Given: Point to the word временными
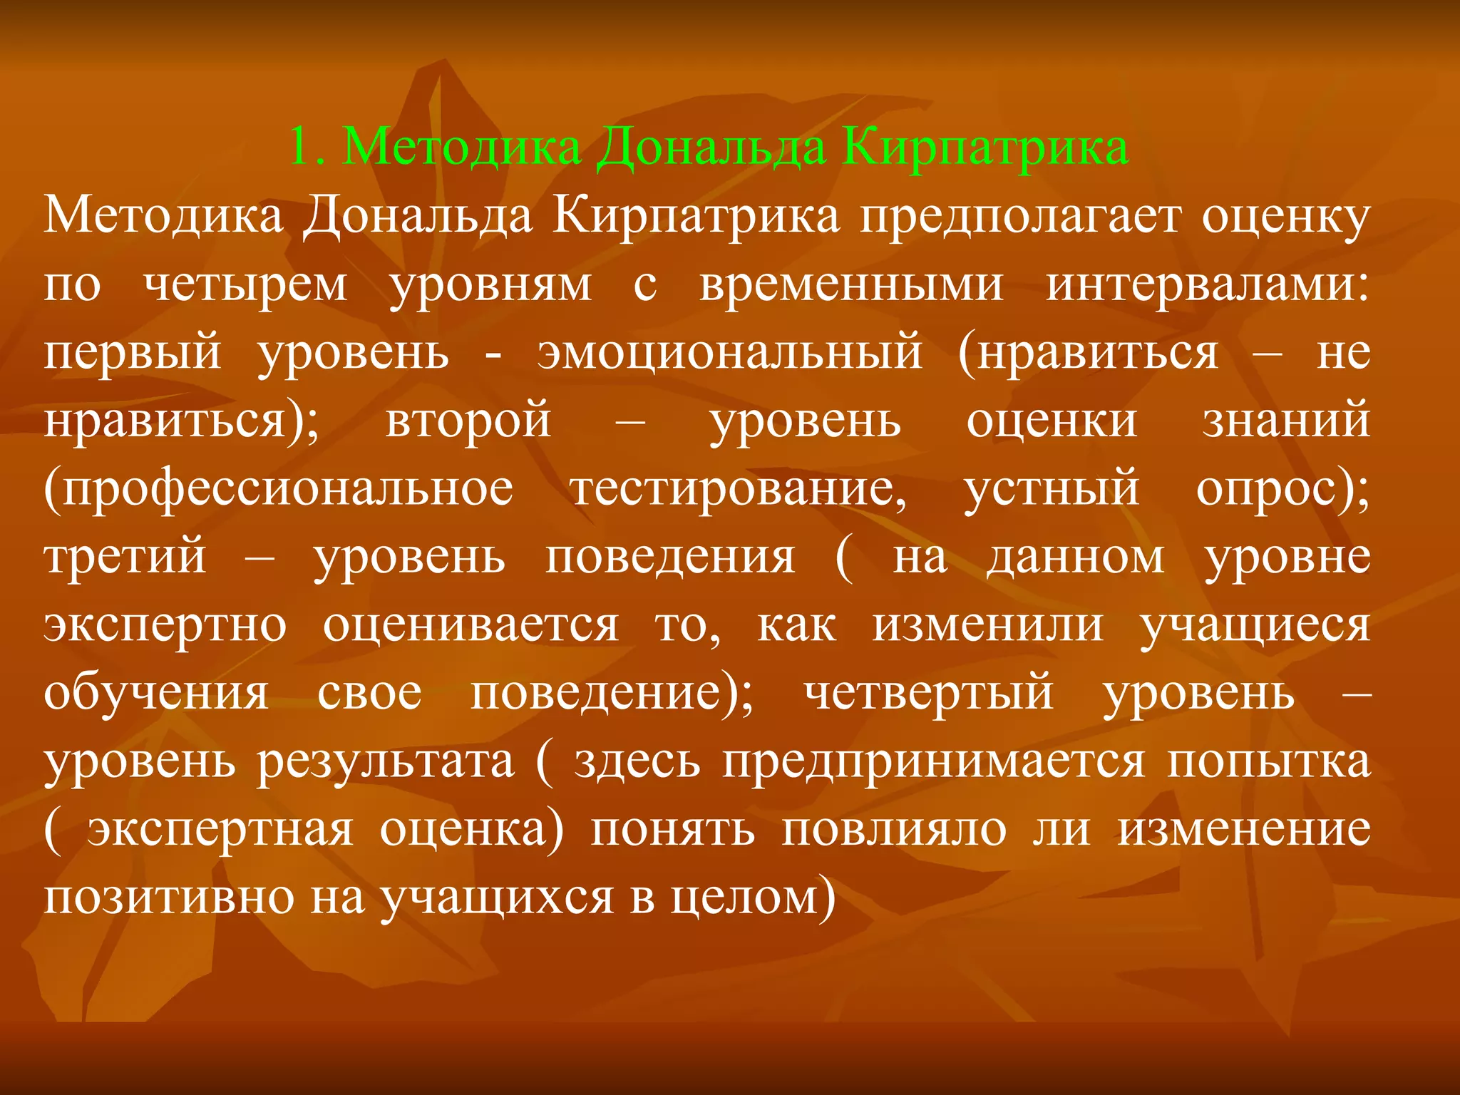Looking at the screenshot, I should (851, 284).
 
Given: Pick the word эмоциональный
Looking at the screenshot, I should (730, 352).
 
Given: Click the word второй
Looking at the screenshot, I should (468, 421).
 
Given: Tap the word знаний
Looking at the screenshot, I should (1286, 421).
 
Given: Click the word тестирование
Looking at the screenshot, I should (739, 489).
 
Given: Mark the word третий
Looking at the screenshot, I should (125, 557).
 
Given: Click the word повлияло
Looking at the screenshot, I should (894, 831).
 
